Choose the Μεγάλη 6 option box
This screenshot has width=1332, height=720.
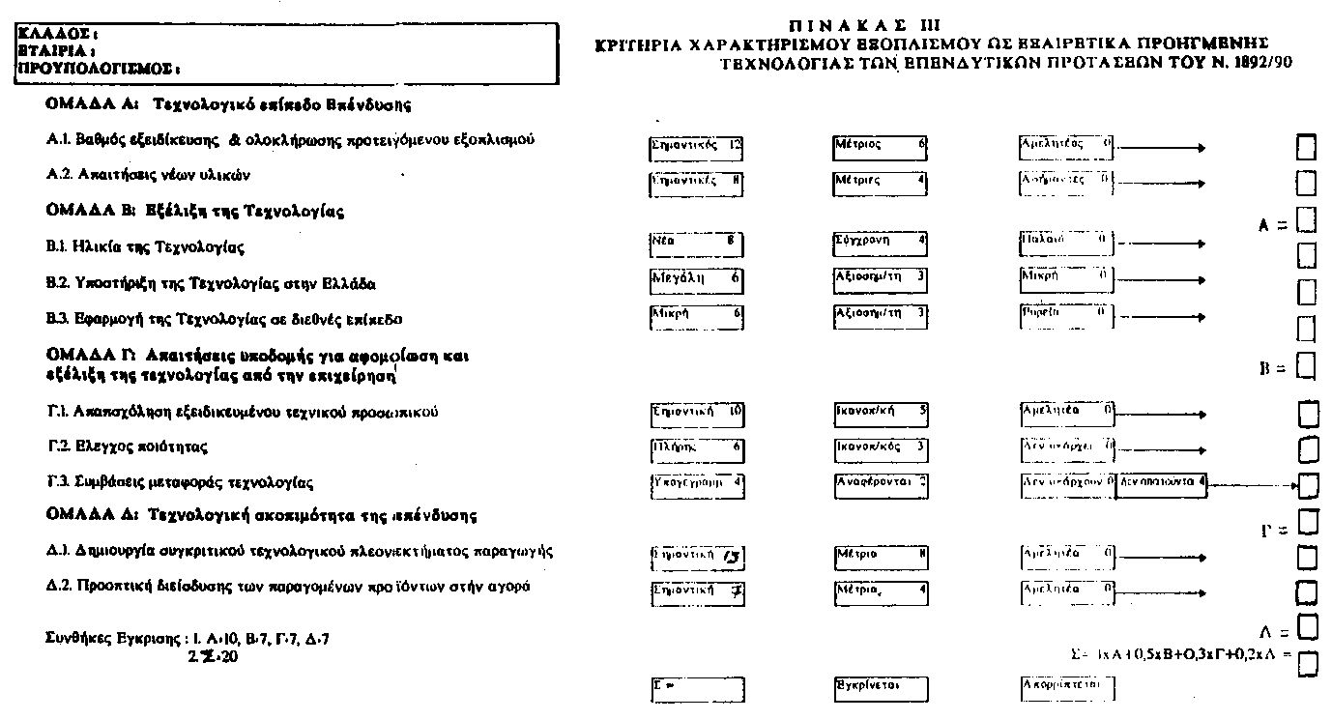click(x=696, y=280)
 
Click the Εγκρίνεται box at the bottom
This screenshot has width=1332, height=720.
click(x=881, y=688)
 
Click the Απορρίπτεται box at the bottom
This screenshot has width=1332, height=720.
click(x=1067, y=687)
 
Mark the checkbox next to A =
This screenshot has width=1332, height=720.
click(x=1306, y=221)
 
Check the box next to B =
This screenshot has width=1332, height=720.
click(x=1306, y=367)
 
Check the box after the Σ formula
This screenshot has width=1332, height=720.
click(x=1308, y=664)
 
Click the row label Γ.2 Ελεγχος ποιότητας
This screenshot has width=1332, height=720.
click(x=126, y=446)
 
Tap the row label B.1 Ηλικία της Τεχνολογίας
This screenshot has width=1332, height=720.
click(x=145, y=246)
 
